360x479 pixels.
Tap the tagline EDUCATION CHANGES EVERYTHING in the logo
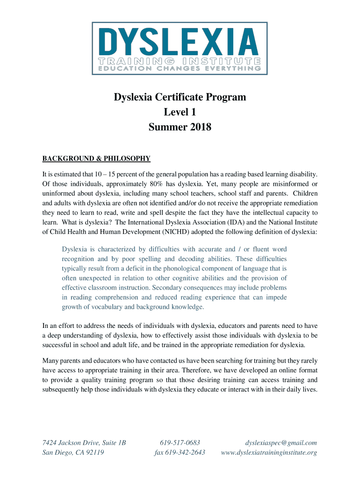(x=180, y=68)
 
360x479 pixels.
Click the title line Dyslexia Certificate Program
(x=180, y=98)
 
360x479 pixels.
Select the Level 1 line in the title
(x=180, y=112)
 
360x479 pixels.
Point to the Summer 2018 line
(x=180, y=127)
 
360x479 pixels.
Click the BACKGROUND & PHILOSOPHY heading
(x=96, y=158)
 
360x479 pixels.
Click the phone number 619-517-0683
(x=180, y=443)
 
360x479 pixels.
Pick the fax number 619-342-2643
(x=180, y=452)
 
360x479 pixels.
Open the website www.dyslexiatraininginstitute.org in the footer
(x=269, y=452)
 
